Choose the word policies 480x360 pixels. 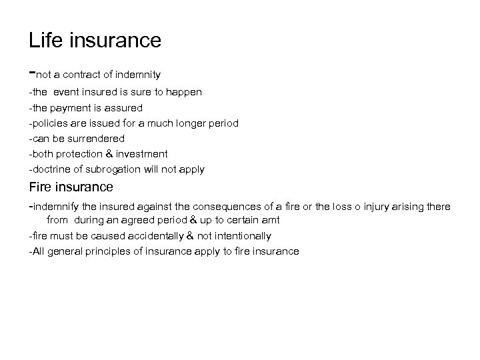(49, 123)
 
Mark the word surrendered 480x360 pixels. (97, 138)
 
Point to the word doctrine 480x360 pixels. (51, 169)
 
